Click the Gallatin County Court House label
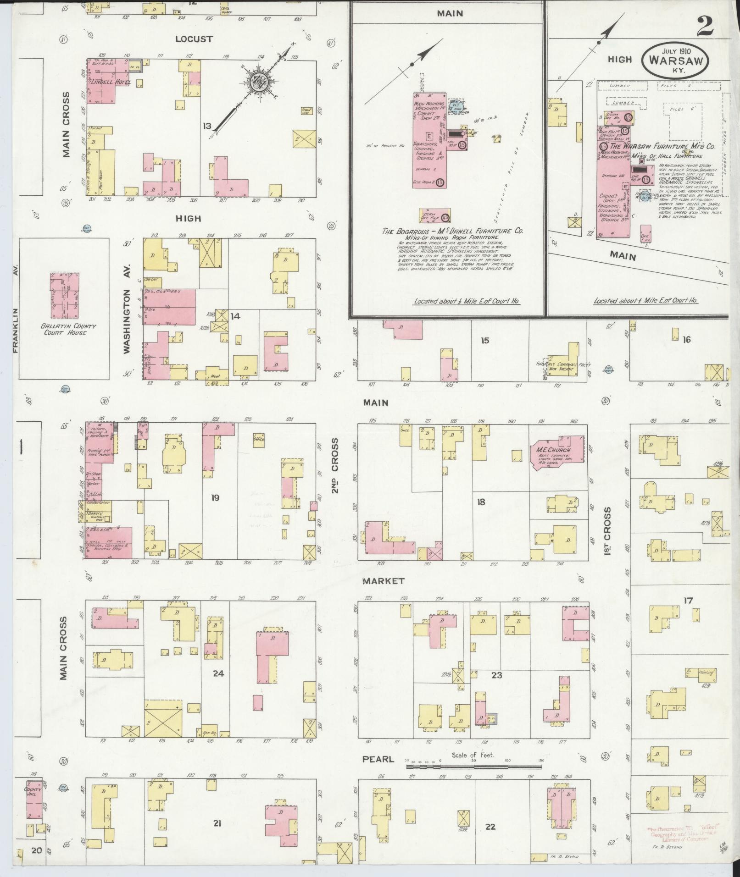click(65, 329)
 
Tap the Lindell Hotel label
click(110, 83)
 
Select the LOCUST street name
click(194, 39)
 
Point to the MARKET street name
click(384, 581)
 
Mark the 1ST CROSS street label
click(608, 531)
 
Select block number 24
click(218, 673)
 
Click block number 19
click(215, 497)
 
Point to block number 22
click(490, 827)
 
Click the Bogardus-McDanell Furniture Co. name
click(452, 232)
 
